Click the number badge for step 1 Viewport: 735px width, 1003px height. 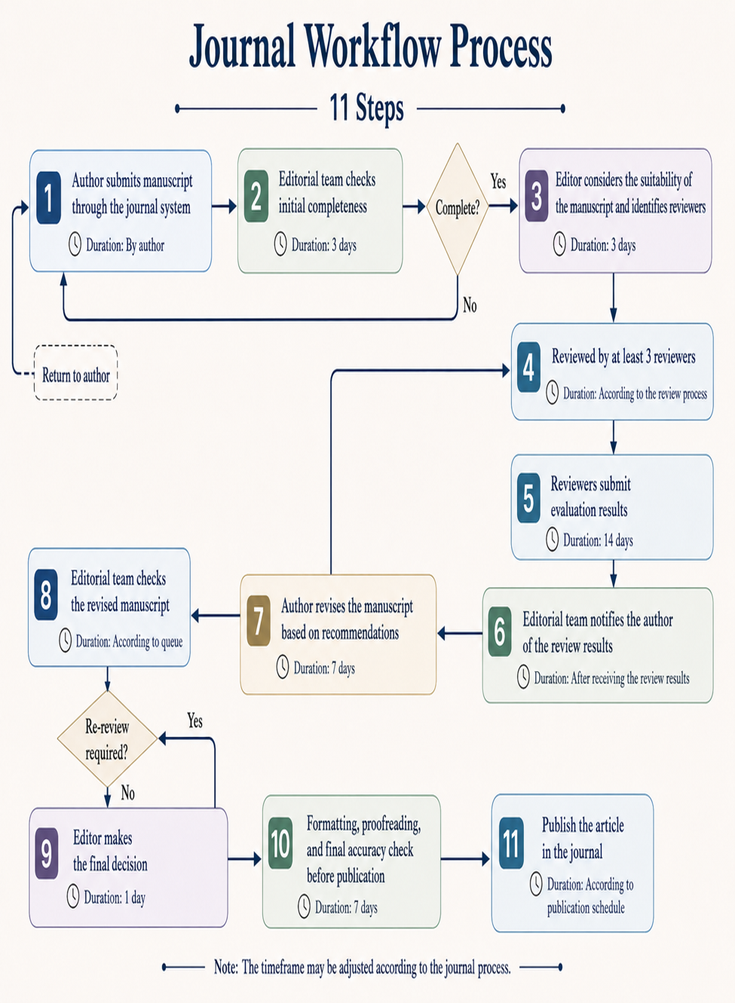pyautogui.click(x=48, y=197)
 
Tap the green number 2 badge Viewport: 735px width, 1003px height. pyautogui.click(x=256, y=196)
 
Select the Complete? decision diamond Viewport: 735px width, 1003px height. pyautogui.click(x=458, y=209)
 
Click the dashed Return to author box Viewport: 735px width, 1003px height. pyautogui.click(x=75, y=372)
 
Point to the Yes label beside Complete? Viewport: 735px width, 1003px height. pyautogui.click(x=498, y=182)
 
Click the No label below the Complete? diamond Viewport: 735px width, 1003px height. pyautogui.click(x=470, y=305)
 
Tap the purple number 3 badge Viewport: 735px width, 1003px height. pyautogui.click(x=537, y=196)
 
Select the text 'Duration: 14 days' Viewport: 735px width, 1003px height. pyautogui.click(x=598, y=540)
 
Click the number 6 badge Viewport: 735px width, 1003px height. pyautogui.click(x=500, y=631)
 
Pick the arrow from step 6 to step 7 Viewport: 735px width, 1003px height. pyautogui.click(x=460, y=633)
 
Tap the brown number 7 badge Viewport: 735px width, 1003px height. pyautogui.click(x=259, y=621)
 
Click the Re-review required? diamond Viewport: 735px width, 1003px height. pyautogui.click(x=108, y=738)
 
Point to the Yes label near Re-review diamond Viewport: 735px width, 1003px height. pyautogui.click(x=194, y=721)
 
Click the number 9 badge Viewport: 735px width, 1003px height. pyautogui.click(x=47, y=854)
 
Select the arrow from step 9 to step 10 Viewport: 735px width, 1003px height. pyautogui.click(x=244, y=859)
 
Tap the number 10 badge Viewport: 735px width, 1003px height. pyautogui.click(x=280, y=843)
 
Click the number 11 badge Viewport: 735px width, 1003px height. pyautogui.click(x=511, y=843)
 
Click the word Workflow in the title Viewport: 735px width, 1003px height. pyautogui.click(x=372, y=47)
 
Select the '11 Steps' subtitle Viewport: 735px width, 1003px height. pyautogui.click(x=367, y=108)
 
